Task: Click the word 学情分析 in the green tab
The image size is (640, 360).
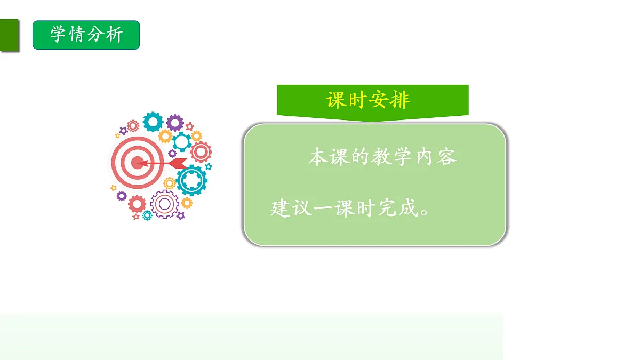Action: point(86,35)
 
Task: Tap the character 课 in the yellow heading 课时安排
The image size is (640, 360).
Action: point(337,100)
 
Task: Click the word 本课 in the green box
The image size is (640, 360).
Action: point(328,157)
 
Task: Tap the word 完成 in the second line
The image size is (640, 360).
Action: point(398,208)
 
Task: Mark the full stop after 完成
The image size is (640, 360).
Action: point(425,211)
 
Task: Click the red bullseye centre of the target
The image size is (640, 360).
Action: point(138,162)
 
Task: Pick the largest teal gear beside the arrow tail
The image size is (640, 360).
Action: point(191,180)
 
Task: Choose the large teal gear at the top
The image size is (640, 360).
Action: point(153,122)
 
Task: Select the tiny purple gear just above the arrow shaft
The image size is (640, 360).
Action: point(172,154)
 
